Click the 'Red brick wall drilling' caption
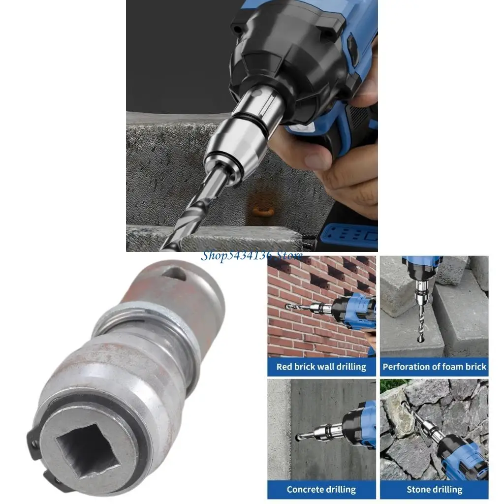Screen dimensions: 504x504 point(321,367)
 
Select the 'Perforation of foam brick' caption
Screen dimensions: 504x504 point(434,367)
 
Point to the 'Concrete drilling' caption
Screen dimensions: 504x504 point(321,489)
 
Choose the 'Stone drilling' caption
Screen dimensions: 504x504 point(434,489)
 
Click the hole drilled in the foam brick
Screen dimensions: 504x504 point(421,339)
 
